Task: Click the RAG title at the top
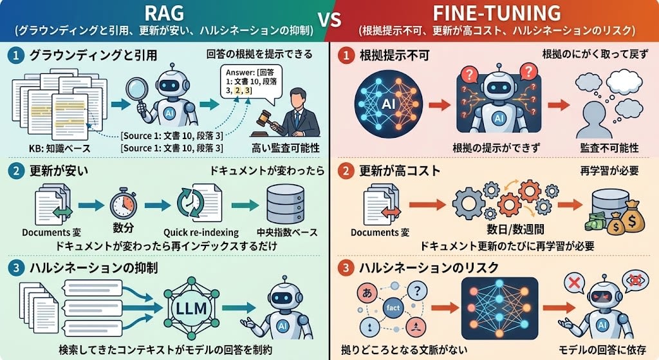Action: pyautogui.click(x=164, y=13)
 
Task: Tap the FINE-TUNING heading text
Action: pyautogui.click(x=496, y=13)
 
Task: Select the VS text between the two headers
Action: pyautogui.click(x=329, y=20)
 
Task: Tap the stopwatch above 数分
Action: pyautogui.click(x=123, y=204)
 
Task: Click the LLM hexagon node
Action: pyautogui.click(x=191, y=308)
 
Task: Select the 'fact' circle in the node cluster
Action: pyautogui.click(x=393, y=307)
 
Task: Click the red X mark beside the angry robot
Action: pyautogui.click(x=573, y=283)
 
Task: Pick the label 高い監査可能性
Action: pyautogui.click(x=286, y=148)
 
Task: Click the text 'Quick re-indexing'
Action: pyautogui.click(x=201, y=232)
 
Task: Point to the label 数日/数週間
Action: pyautogui.click(x=515, y=229)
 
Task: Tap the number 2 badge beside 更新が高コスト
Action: pyautogui.click(x=346, y=171)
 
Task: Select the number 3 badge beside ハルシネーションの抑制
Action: pyautogui.click(x=16, y=268)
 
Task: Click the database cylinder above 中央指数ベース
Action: pyautogui.click(x=286, y=205)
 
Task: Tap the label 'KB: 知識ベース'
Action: pyautogui.click(x=60, y=149)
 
